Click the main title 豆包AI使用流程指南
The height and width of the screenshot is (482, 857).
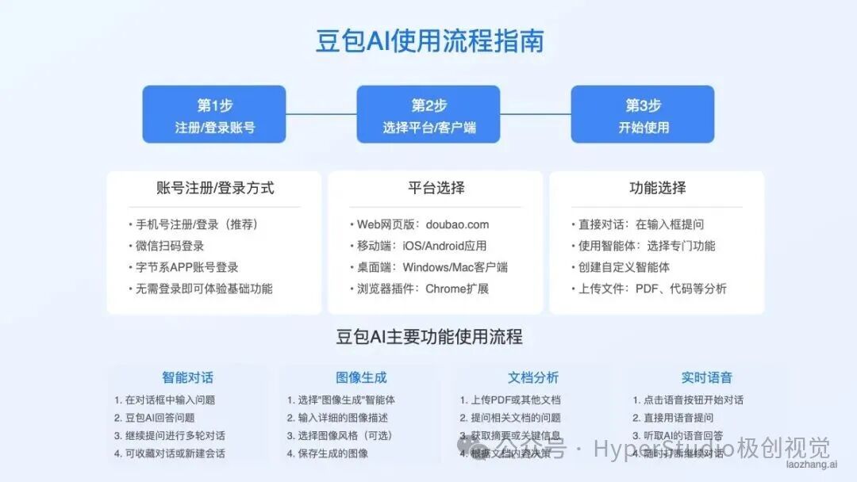tap(429, 40)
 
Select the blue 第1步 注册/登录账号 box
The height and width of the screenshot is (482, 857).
tap(214, 114)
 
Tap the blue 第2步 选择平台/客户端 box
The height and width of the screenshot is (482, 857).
tap(428, 114)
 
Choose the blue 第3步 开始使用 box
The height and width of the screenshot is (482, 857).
tap(643, 114)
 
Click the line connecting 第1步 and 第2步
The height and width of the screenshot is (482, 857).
tap(321, 114)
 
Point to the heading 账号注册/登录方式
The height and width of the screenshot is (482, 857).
tap(215, 188)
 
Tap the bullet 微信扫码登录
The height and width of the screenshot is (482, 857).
tap(170, 246)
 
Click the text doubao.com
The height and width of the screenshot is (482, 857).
tap(457, 224)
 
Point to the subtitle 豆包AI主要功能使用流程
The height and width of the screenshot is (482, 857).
tap(429, 336)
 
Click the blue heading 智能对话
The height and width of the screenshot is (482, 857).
tap(188, 377)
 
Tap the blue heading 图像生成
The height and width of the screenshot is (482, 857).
tap(361, 377)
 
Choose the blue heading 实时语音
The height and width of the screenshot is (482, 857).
tap(707, 377)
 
